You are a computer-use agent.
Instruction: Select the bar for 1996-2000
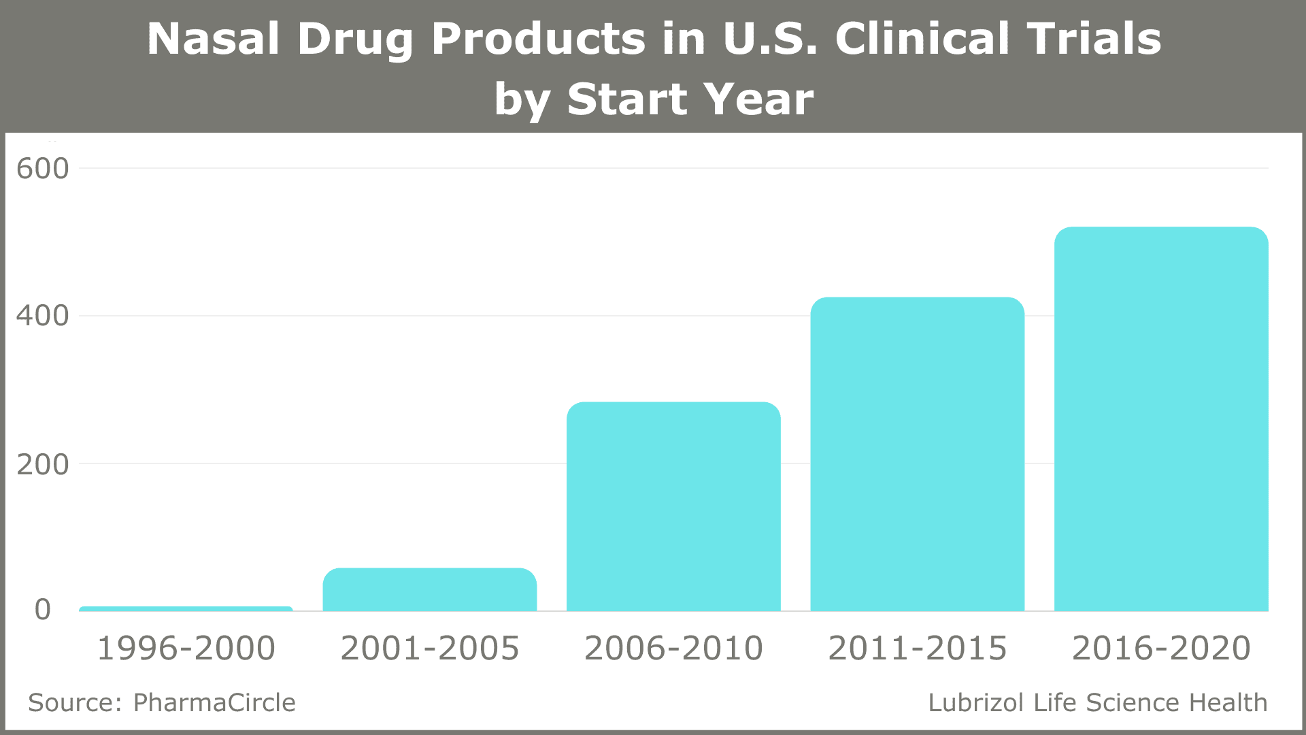point(186,608)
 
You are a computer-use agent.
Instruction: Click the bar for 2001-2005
point(429,590)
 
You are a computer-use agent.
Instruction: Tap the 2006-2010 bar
point(673,507)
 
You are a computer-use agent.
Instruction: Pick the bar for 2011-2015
point(917,455)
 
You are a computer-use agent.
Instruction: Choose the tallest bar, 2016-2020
point(1161,419)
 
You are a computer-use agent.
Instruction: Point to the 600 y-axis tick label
point(42,169)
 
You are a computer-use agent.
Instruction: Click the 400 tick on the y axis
point(42,316)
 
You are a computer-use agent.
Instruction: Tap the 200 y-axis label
point(42,465)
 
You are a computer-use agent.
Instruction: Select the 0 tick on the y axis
point(43,610)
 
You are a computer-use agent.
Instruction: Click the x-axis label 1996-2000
point(186,648)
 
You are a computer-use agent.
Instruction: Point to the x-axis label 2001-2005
point(429,648)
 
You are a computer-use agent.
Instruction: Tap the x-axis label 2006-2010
point(673,648)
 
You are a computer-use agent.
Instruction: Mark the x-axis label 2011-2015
point(917,648)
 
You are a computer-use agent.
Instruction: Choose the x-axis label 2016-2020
point(1161,648)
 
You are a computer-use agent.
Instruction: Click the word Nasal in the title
point(213,39)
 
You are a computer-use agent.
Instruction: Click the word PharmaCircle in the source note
point(214,702)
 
